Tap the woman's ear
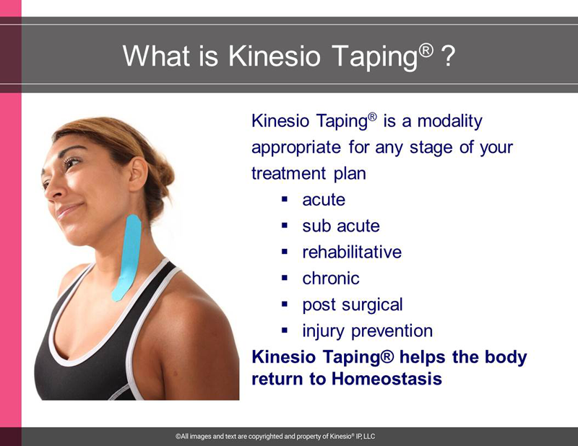(x=138, y=174)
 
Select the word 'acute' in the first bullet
(x=324, y=200)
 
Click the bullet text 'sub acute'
(x=341, y=226)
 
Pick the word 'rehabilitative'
(x=352, y=253)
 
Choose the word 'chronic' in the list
(x=331, y=279)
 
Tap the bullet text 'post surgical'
(x=353, y=305)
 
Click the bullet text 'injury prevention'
(x=368, y=331)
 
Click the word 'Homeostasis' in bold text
(x=387, y=379)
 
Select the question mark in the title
(x=448, y=56)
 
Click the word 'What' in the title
(x=156, y=56)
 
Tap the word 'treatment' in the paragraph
(x=288, y=173)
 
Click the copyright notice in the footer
(x=275, y=437)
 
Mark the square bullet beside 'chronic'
(x=284, y=278)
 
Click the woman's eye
(x=71, y=162)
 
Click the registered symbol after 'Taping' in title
(x=426, y=50)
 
